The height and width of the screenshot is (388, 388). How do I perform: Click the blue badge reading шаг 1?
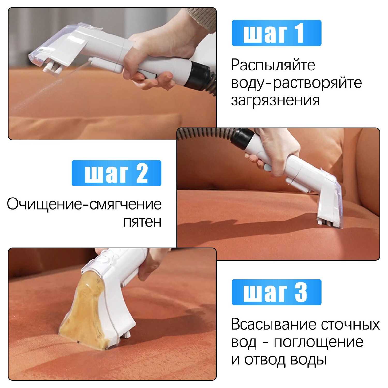point(277,33)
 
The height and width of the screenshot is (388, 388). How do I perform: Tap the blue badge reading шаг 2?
point(116,173)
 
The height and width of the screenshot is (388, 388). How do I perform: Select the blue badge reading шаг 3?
point(277,292)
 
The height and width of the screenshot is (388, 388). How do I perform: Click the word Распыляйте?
point(273,65)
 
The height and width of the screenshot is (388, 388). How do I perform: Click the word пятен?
point(142,222)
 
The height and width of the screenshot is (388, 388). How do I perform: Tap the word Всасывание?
point(274,324)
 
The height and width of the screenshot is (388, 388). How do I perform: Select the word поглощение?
point(319,342)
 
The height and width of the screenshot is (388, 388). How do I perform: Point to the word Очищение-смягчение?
point(84,204)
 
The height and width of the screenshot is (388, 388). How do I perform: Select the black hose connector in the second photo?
point(242,138)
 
